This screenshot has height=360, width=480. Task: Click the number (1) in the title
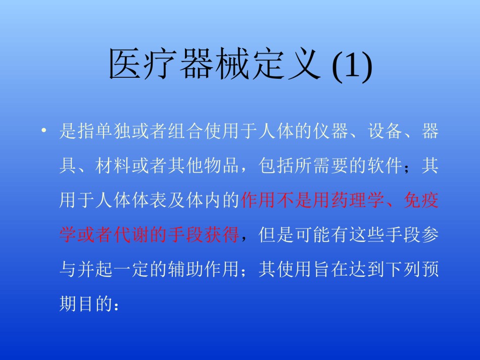click(352, 66)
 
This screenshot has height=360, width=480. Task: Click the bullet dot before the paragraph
click(44, 131)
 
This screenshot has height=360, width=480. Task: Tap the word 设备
click(385, 131)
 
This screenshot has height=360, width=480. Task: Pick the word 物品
click(222, 166)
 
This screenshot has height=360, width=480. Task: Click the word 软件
click(385, 166)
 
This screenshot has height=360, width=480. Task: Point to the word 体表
click(150, 200)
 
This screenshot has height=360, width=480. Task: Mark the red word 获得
click(222, 235)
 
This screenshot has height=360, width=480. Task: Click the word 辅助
click(186, 270)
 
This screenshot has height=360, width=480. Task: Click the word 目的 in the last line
click(95, 304)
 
